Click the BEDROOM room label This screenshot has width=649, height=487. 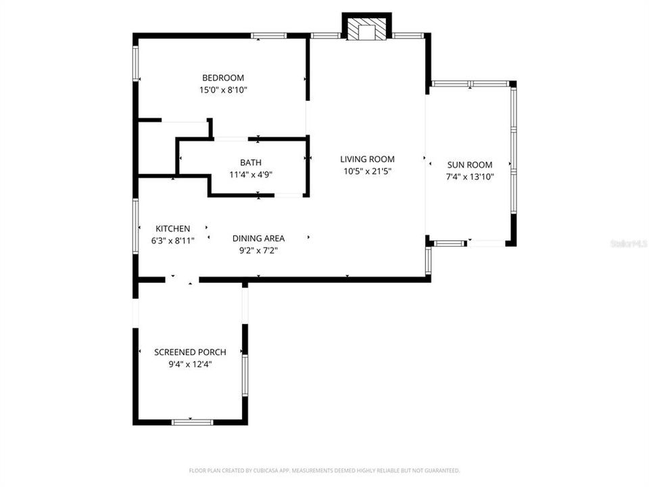(x=222, y=78)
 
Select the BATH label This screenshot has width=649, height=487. (x=250, y=162)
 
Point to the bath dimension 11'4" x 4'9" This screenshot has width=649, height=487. (x=250, y=175)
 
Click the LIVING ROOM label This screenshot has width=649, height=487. (x=367, y=159)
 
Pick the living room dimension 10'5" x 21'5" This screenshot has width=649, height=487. (x=367, y=171)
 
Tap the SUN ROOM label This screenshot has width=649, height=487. (x=470, y=164)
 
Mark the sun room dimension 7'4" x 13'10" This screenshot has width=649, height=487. (x=470, y=177)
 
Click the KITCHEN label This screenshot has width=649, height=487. (x=172, y=229)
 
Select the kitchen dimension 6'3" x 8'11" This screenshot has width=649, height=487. (x=172, y=241)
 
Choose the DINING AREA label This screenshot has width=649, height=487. (x=258, y=238)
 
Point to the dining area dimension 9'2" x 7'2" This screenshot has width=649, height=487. (x=258, y=250)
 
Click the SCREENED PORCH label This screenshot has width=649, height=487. (x=190, y=352)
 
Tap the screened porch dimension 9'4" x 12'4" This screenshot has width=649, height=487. (x=190, y=364)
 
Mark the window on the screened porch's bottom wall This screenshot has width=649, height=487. (x=192, y=422)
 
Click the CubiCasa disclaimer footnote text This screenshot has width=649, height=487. (x=324, y=470)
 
